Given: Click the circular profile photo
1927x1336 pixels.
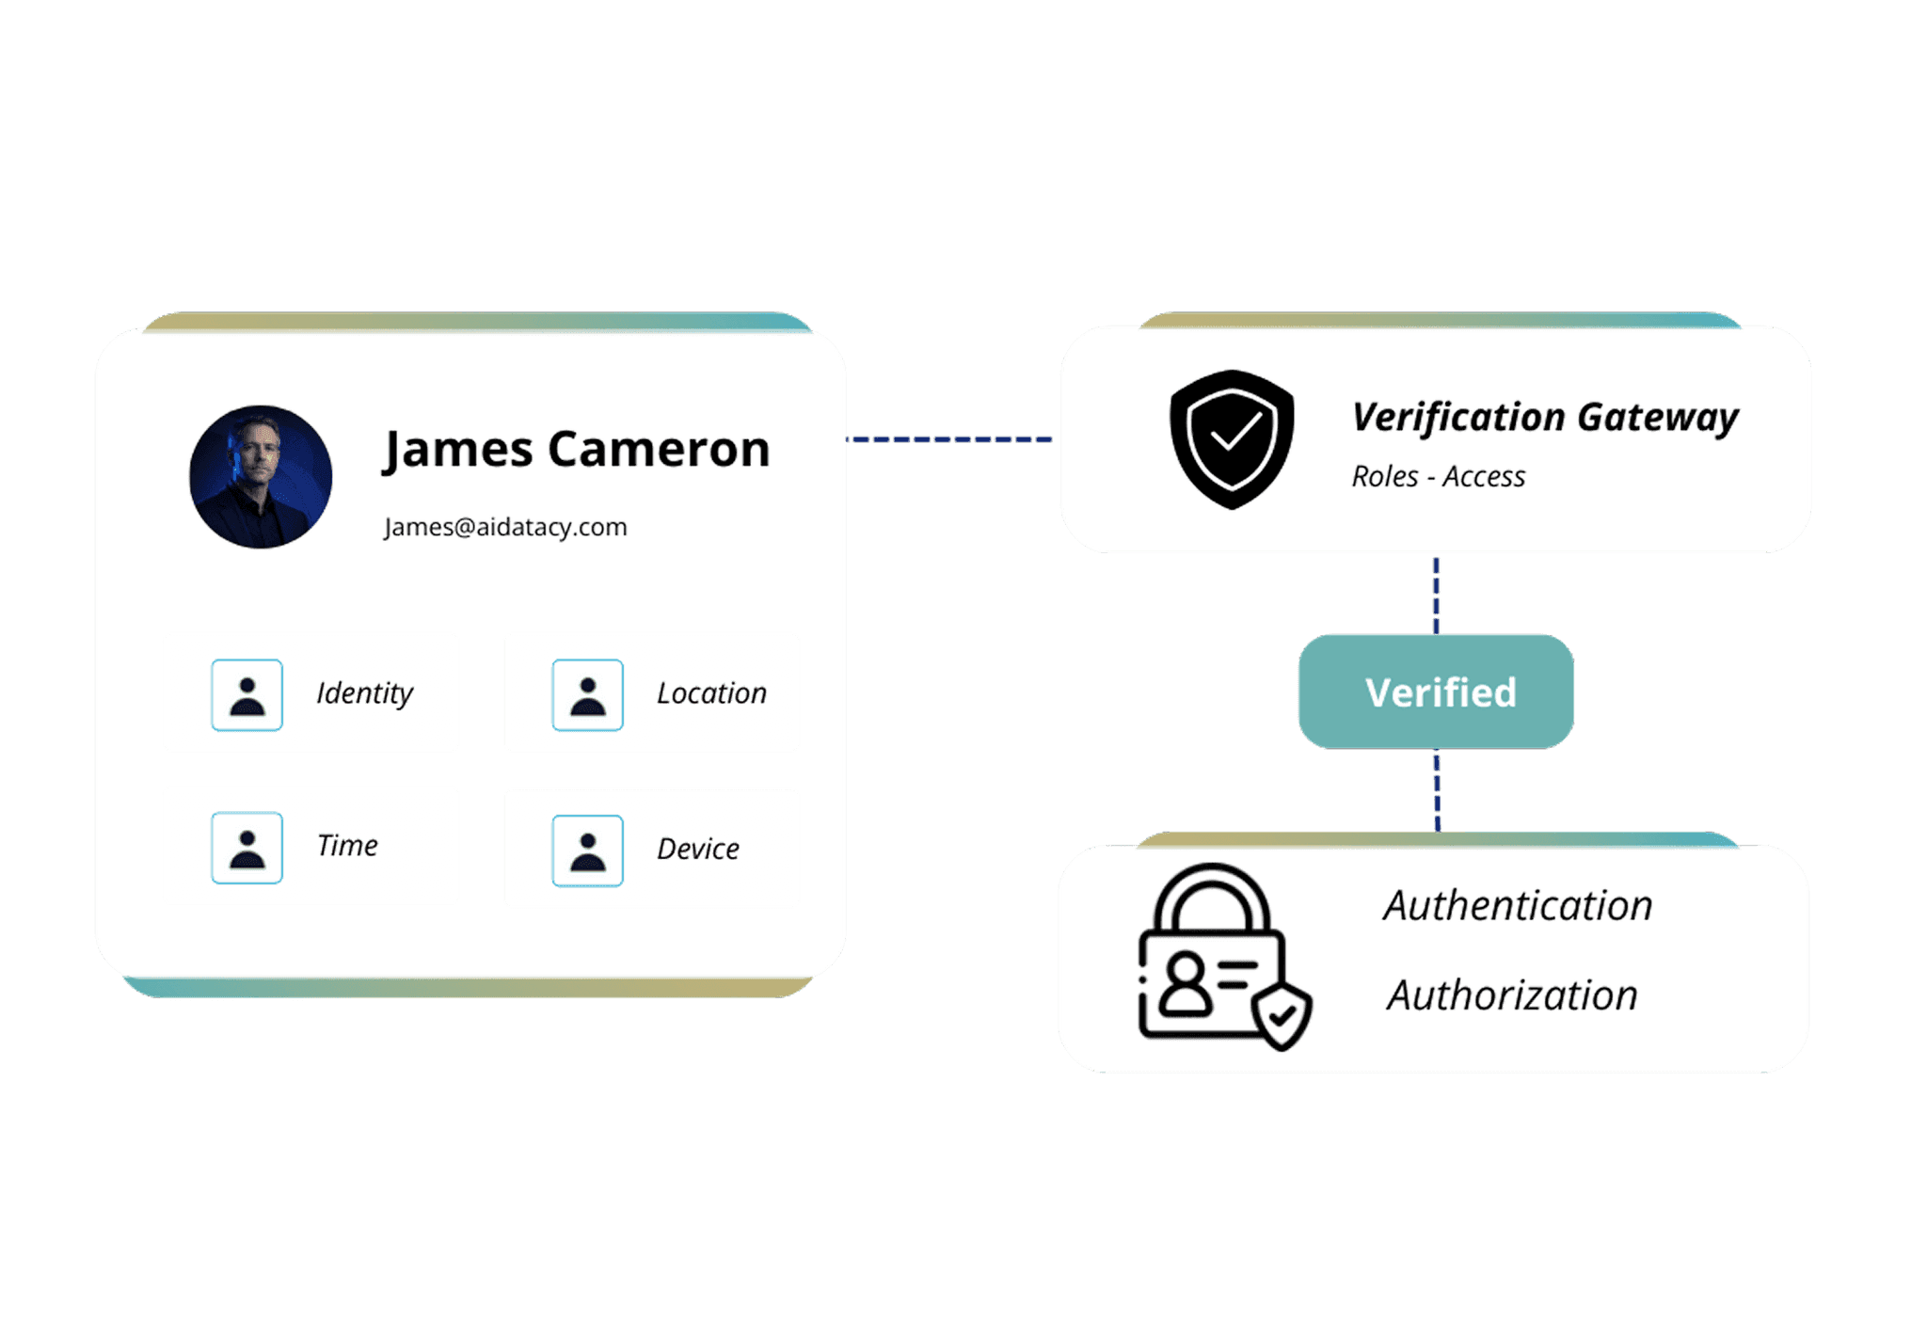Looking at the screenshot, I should tap(261, 477).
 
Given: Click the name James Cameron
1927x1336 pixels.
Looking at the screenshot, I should tap(577, 449).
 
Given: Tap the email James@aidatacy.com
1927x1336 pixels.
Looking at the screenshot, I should tap(505, 527).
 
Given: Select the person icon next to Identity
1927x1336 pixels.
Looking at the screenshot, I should tap(247, 695).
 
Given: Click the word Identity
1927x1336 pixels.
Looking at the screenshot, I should tap(365, 693).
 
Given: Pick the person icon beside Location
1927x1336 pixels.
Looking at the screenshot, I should tap(587, 695).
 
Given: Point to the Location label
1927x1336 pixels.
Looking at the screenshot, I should tap(711, 693).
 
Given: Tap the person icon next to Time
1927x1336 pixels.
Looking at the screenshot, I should tap(247, 848).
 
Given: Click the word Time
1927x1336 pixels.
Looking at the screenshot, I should tap(347, 846).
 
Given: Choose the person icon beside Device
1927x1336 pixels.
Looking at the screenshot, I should tap(587, 851).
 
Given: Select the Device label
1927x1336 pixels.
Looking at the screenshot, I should tap(697, 849).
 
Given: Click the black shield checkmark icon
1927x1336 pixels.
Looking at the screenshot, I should tap(1232, 438).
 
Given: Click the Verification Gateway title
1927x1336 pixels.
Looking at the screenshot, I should tap(1545, 417).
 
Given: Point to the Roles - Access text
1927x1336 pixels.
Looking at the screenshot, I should tap(1438, 477).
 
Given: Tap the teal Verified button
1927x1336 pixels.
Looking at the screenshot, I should tap(1437, 692).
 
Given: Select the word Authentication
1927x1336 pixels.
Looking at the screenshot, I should tap(1518, 906).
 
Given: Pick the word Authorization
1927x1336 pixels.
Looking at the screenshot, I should tap(1512, 995).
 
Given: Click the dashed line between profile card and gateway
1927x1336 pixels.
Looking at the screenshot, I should tap(950, 439).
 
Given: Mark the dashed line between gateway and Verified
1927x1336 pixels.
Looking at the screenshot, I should tap(1436, 595).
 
